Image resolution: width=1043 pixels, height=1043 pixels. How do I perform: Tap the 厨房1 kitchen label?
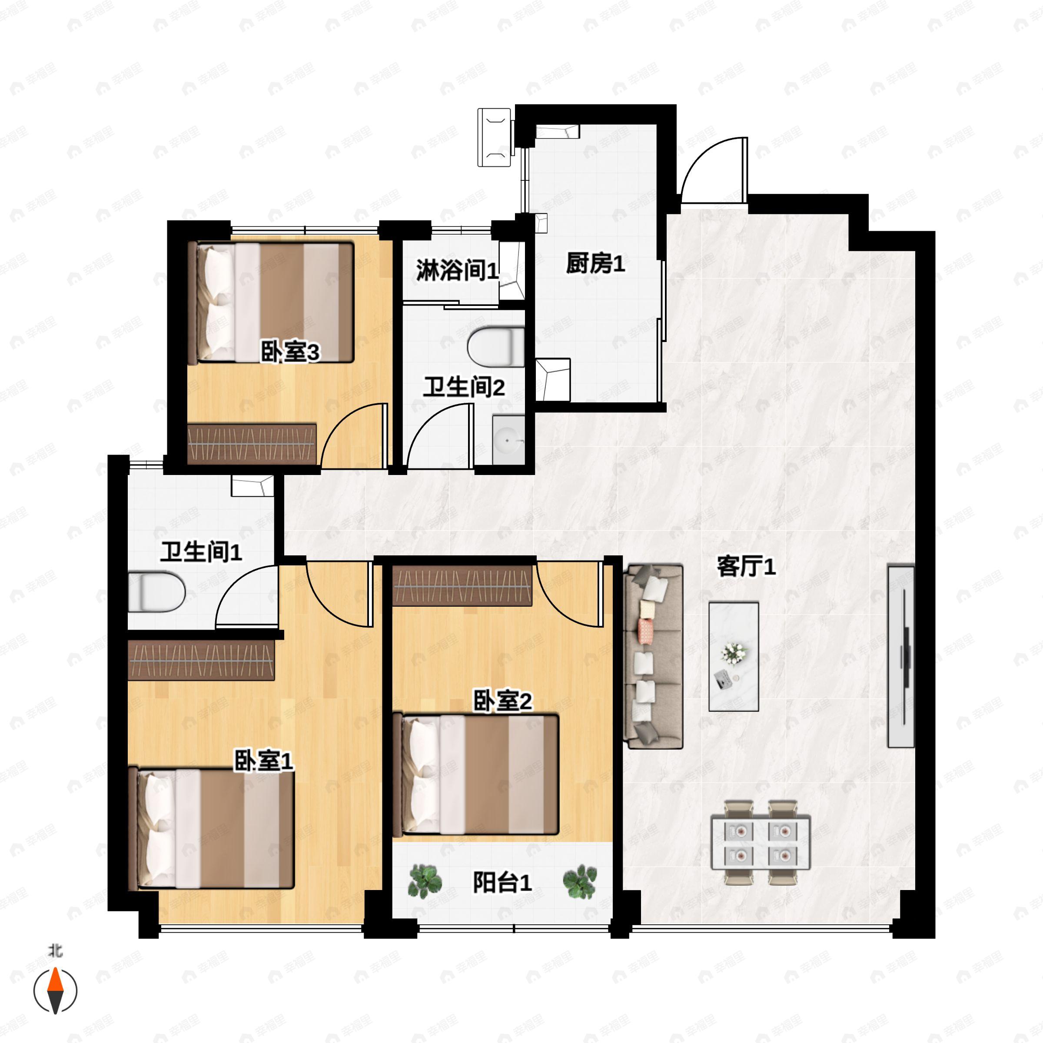[595, 264]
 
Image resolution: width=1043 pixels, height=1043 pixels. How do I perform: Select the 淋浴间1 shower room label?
[457, 270]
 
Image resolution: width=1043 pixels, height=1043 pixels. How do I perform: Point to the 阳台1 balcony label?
[502, 883]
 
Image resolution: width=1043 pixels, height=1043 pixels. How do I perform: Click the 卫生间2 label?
[463, 387]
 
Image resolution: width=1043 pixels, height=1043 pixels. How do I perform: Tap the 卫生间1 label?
[201, 552]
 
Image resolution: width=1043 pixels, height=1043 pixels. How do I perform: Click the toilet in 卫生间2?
[495, 347]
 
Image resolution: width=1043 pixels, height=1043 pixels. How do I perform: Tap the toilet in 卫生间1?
[156, 593]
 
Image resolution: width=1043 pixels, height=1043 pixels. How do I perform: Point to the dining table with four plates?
[760, 843]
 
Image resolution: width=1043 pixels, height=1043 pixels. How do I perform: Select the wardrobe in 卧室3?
[252, 444]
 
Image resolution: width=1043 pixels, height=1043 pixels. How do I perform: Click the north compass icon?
[55, 991]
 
